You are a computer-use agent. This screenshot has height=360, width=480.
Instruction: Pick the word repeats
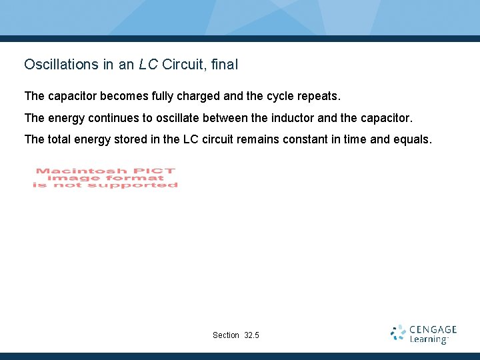(x=319, y=97)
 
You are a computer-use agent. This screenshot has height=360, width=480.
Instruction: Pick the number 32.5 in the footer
(x=252, y=335)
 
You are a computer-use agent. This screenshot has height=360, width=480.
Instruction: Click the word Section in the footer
(x=225, y=335)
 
